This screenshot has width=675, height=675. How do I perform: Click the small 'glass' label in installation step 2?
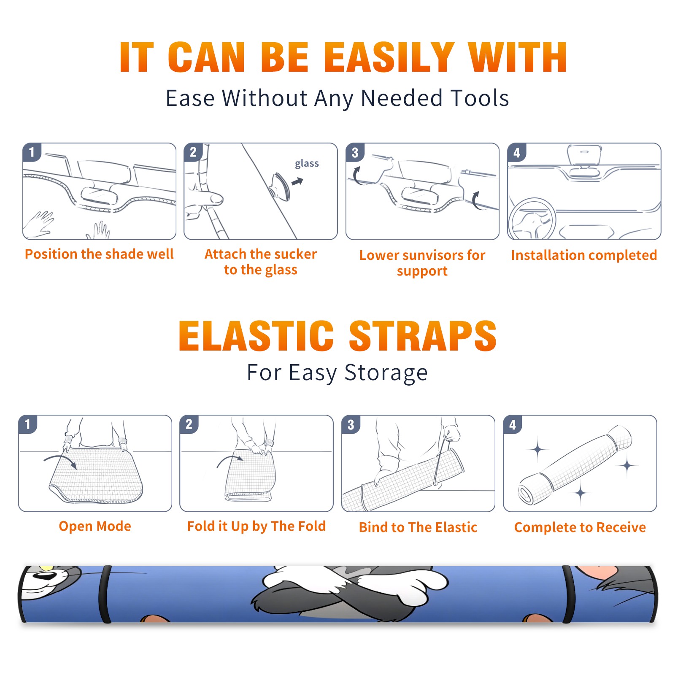point(307,164)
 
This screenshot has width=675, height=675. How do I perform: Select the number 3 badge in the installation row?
point(355,152)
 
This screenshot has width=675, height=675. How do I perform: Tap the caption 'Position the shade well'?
point(99,254)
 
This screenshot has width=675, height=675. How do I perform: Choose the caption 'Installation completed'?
point(584,255)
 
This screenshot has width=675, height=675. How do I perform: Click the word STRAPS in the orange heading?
point(423,336)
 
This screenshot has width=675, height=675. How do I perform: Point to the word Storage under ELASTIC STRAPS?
point(386,373)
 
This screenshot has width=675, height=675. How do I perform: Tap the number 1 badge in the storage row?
point(28,424)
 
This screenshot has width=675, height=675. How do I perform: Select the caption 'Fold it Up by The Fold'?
point(256,526)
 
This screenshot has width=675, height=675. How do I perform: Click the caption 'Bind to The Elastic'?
point(418,527)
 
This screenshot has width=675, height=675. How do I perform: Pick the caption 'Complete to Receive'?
point(580,527)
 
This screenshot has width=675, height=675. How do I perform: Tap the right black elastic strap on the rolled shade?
point(568,594)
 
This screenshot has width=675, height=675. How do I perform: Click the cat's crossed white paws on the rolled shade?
point(354,584)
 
